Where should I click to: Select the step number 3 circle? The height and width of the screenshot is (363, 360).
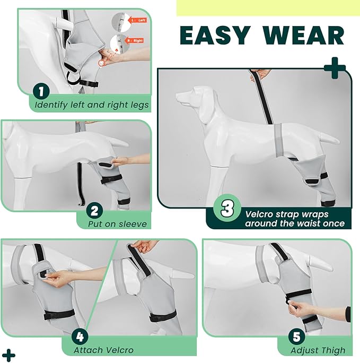coord(227,209)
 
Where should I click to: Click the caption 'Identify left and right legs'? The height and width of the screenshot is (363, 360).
coord(91,105)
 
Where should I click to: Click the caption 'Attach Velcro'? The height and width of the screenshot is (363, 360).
coord(104,350)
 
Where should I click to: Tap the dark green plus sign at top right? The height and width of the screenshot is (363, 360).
coord(334,69)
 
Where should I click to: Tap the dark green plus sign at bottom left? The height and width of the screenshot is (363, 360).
coord(8,355)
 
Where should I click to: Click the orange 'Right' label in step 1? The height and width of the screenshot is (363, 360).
coord(137,40)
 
